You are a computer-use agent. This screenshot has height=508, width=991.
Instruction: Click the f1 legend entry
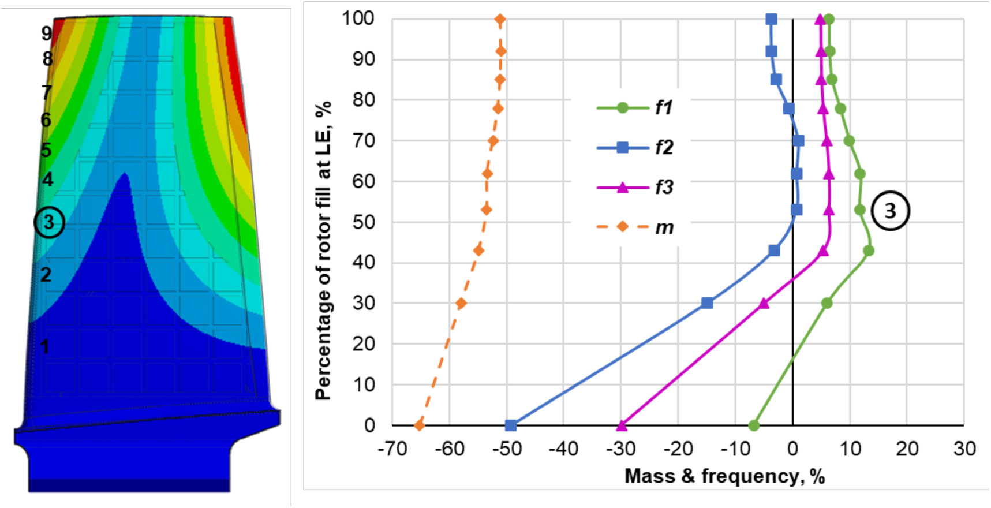pyautogui.click(x=635, y=107)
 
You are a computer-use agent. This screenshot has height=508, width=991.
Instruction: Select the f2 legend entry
pyautogui.click(x=635, y=148)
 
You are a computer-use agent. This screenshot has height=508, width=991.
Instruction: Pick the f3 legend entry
pyautogui.click(x=635, y=188)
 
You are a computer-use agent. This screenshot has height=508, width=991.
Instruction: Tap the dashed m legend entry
pyautogui.click(x=635, y=227)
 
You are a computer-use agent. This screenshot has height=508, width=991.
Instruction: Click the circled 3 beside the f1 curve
pyautogui.click(x=890, y=211)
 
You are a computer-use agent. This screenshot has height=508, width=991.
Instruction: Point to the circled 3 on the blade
pyautogui.click(x=49, y=222)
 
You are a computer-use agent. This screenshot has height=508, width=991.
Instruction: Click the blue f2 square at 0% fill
pyautogui.click(x=510, y=426)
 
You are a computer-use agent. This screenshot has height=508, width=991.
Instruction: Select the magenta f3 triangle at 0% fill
pyautogui.click(x=622, y=426)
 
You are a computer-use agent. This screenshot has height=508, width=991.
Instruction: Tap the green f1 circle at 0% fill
pyautogui.click(x=753, y=426)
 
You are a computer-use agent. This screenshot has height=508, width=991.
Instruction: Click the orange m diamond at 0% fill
pyautogui.click(x=420, y=426)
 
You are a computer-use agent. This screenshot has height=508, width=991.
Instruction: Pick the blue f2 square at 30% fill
pyautogui.click(x=707, y=303)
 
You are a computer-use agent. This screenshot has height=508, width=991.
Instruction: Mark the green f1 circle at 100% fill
pyautogui.click(x=829, y=20)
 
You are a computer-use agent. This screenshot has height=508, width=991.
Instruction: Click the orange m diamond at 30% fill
pyautogui.click(x=461, y=303)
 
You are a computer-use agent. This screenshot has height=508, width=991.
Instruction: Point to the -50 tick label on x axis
pyautogui.click(x=507, y=449)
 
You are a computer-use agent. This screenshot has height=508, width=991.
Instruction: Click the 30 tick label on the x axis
pyautogui.click(x=964, y=449)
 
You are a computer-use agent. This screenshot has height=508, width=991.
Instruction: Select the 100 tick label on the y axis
pyautogui.click(x=358, y=18)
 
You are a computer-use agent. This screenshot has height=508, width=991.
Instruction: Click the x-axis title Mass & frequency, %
pyautogui.click(x=724, y=476)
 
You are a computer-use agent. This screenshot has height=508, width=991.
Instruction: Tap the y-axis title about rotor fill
pyautogui.click(x=323, y=251)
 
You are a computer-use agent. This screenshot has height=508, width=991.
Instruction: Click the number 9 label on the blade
pyautogui.click(x=46, y=33)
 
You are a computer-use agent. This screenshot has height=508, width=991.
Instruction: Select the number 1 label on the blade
pyautogui.click(x=44, y=346)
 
